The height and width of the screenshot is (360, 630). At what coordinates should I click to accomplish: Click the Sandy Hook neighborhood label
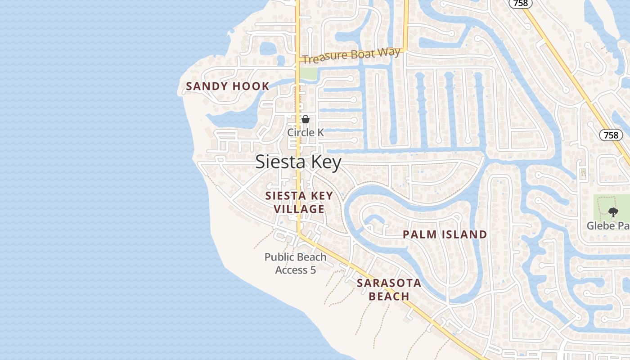[227, 86]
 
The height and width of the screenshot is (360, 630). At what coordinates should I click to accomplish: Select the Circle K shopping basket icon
[306, 119]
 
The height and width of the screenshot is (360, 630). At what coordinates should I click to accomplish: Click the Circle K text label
[306, 132]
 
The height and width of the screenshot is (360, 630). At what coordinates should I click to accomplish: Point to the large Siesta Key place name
[298, 162]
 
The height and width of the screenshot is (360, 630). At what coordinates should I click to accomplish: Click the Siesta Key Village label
[299, 202]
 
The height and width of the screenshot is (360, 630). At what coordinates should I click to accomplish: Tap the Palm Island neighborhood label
[445, 234]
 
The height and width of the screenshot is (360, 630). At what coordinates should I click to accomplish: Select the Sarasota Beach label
[389, 289]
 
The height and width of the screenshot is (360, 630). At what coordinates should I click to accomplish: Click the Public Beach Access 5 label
[296, 263]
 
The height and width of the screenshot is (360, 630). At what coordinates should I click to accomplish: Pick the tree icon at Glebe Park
[612, 212]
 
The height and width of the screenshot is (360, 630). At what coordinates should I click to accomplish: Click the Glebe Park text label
[607, 225]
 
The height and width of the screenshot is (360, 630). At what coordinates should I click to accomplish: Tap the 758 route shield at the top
[521, 3]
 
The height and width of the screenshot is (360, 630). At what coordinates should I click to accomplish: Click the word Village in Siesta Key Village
[299, 209]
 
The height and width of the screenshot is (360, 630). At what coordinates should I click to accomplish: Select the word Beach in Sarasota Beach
[389, 296]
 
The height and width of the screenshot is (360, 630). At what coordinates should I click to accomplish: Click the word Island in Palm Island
[464, 234]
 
